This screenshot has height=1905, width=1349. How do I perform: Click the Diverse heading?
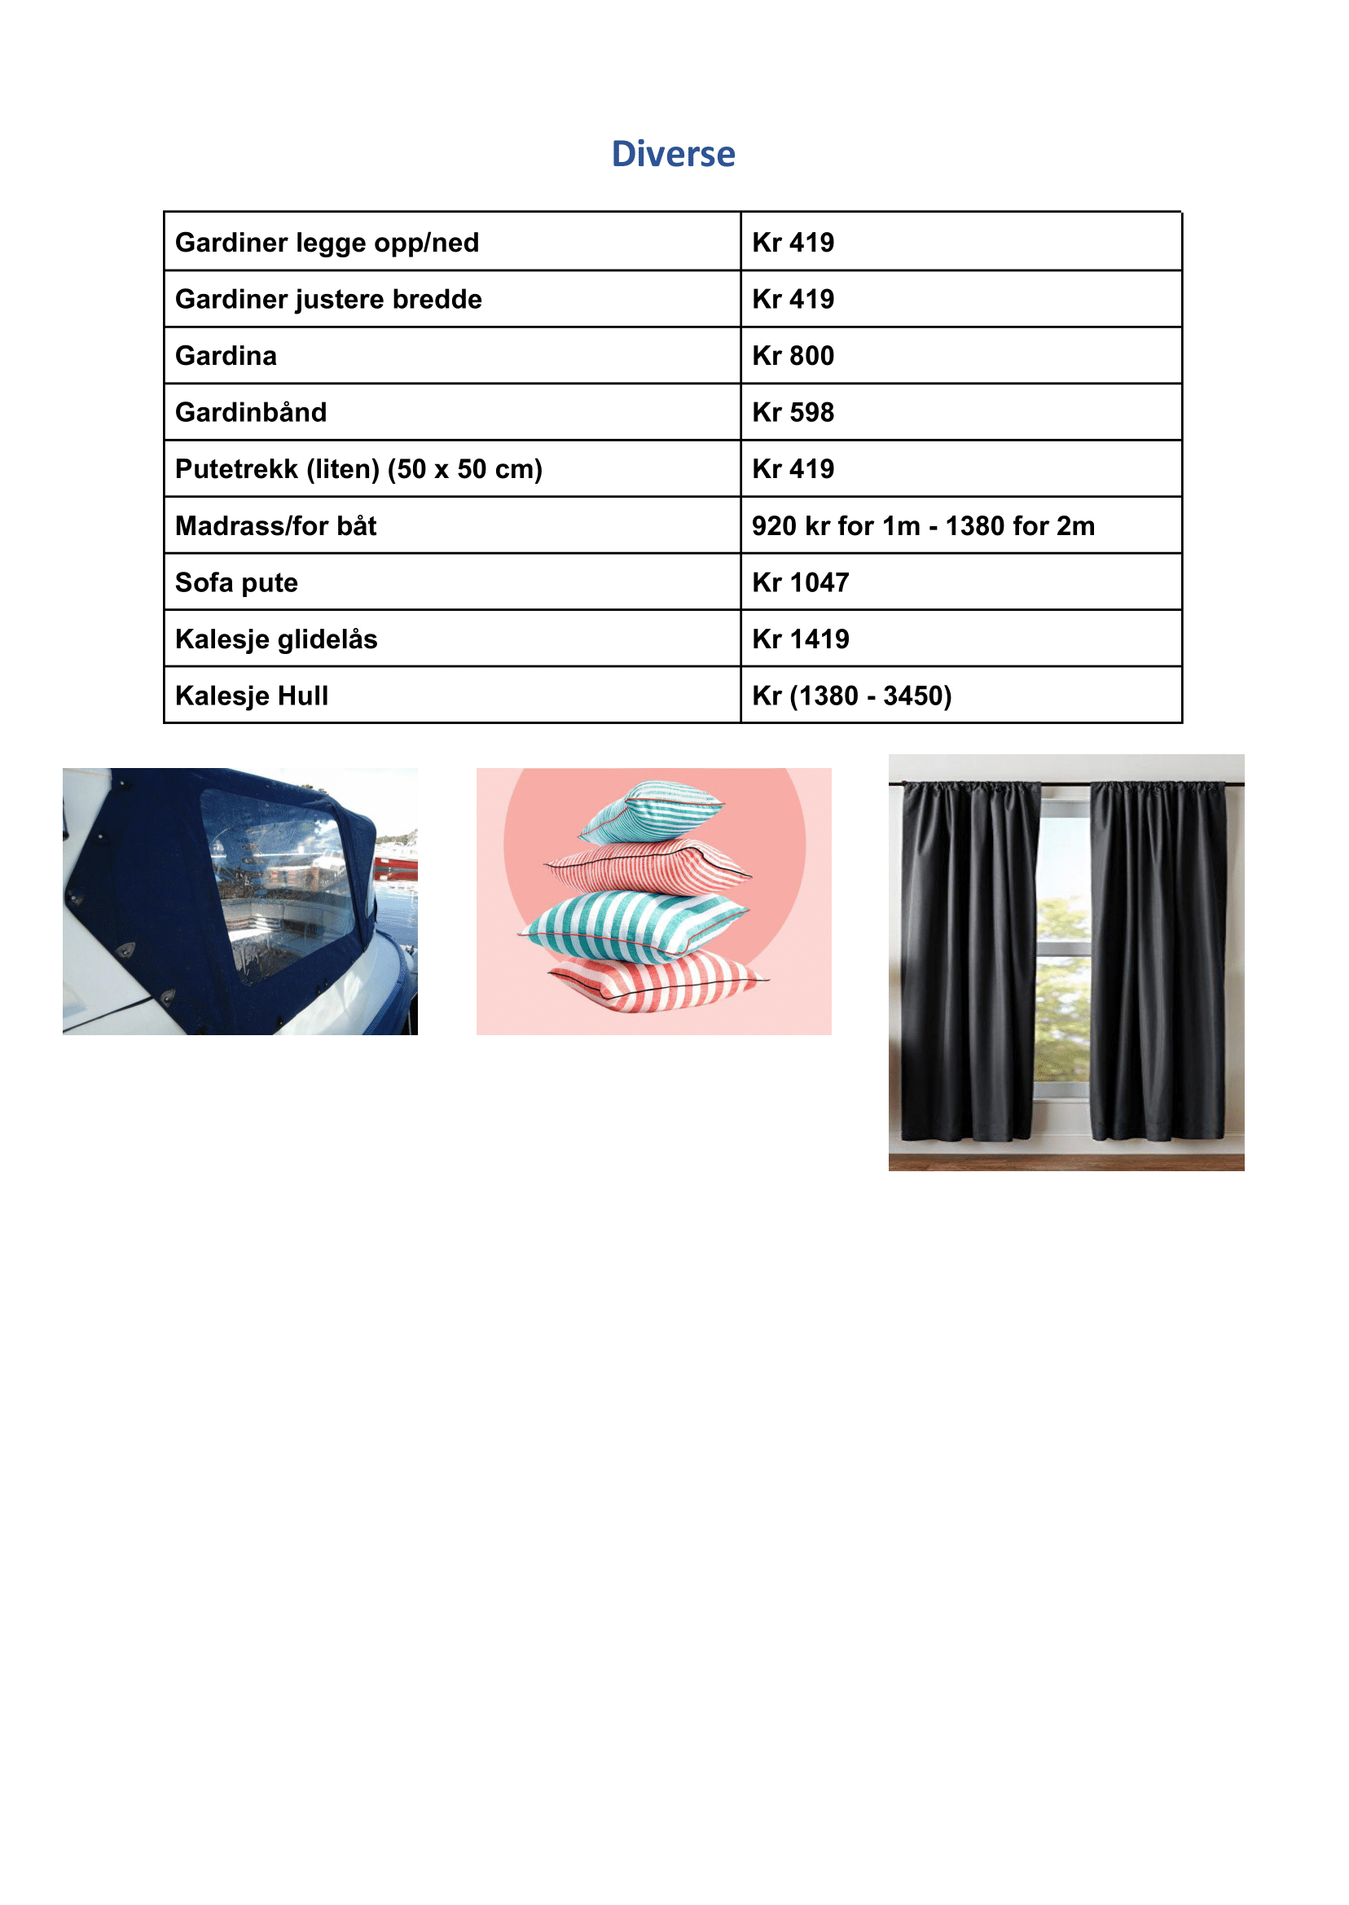673,155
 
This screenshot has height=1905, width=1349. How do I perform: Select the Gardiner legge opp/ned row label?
327,243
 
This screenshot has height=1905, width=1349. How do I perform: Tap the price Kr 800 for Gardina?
793,356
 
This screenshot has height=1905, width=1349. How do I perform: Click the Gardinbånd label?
251,413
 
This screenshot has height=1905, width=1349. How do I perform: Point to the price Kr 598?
793,413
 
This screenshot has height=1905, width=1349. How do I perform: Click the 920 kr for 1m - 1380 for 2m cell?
923,525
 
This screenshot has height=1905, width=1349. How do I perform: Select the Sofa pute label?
236,583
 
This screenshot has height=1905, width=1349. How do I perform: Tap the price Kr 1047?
800,583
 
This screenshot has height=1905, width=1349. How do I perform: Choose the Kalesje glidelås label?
276,639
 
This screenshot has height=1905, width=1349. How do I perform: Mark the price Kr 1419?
800,639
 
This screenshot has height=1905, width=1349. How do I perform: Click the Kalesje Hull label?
251,696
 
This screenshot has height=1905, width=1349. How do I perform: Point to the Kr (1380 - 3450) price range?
851,696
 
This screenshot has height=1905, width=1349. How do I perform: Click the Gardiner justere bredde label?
328,300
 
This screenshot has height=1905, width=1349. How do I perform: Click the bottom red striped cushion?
657,984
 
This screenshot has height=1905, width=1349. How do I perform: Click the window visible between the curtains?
1063,955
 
